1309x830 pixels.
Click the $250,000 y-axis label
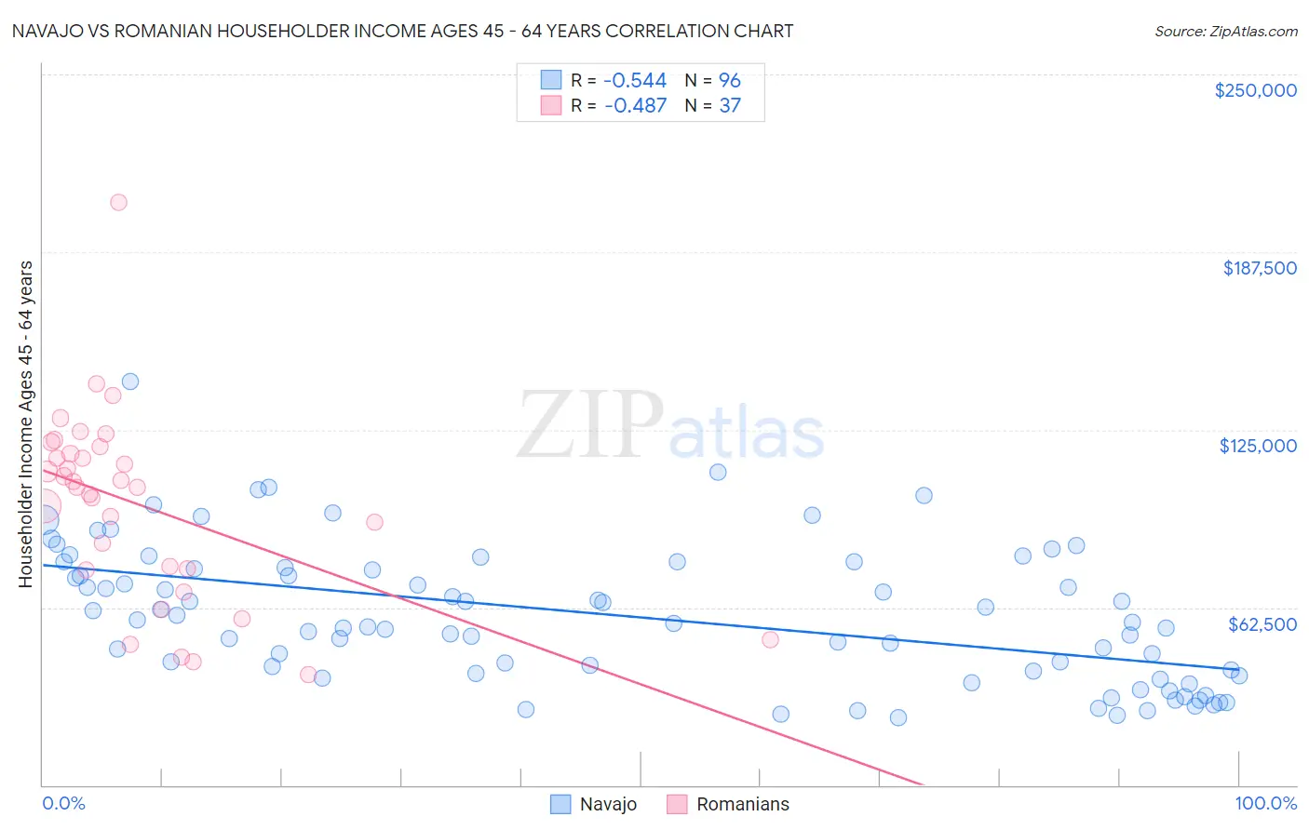[1255, 90]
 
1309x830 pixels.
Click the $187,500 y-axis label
[1259, 268]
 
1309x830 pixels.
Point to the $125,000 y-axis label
[1258, 446]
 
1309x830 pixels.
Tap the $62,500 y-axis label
[1262, 624]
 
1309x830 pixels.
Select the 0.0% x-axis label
[63, 803]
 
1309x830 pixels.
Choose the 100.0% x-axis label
[1265, 803]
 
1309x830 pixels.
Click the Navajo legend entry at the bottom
[608, 804]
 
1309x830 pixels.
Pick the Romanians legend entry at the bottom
[742, 804]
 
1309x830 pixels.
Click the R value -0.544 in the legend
[635, 80]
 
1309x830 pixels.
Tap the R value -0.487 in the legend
[635, 105]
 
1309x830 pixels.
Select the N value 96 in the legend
[729, 80]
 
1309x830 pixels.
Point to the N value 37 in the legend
[729, 105]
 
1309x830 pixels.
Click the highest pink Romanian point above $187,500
[118, 202]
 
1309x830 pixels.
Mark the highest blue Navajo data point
[130, 382]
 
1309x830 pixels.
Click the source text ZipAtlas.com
[1225, 31]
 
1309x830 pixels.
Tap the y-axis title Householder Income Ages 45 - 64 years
[25, 424]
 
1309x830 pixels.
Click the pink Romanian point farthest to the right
[770, 639]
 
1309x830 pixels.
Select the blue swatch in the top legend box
[551, 80]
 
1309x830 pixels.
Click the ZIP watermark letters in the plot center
[590, 425]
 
